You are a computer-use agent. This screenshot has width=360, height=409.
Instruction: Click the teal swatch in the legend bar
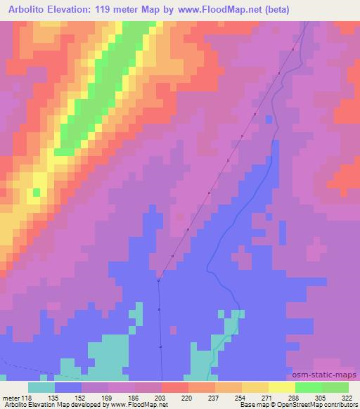tap(41, 387)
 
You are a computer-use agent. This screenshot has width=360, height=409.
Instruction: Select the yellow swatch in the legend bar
tap(282, 387)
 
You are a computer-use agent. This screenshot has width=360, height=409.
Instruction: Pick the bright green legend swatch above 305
tap(309, 387)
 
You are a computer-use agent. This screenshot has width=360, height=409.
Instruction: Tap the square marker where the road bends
tap(159, 280)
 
